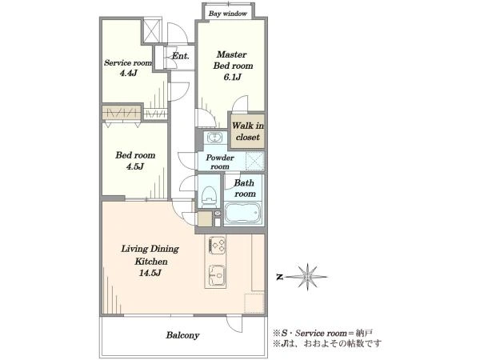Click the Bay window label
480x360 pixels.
[x=228, y=14]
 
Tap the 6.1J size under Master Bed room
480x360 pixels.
[x=232, y=77]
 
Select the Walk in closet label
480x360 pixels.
[x=248, y=131]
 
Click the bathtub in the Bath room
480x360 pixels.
[x=242, y=214]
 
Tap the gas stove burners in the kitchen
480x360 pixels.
[x=218, y=246]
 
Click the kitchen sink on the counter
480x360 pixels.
[x=217, y=275]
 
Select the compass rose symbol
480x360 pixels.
[x=307, y=277]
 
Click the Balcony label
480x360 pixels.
[x=182, y=335]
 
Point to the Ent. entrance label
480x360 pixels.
[x=180, y=56]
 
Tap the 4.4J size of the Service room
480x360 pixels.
[x=128, y=74]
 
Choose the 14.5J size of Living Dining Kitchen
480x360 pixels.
[x=150, y=273]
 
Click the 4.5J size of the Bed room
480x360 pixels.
[x=135, y=167]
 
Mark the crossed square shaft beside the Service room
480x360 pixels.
[x=152, y=30]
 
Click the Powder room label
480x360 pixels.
[x=220, y=162]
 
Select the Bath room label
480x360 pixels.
[x=245, y=188]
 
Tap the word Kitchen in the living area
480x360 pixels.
[x=151, y=262]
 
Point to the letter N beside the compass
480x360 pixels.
[x=279, y=278]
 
